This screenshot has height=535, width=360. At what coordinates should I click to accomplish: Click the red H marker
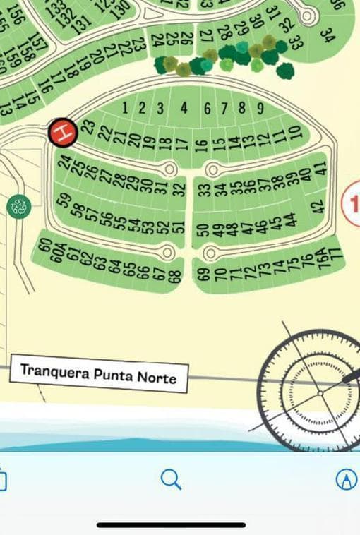tap(63, 132)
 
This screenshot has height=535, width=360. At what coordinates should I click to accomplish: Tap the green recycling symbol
tap(19, 206)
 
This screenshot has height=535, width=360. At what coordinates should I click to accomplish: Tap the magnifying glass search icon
tap(171, 479)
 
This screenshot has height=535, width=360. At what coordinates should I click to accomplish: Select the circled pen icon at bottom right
tap(346, 479)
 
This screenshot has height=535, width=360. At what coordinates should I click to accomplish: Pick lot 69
tap(204, 274)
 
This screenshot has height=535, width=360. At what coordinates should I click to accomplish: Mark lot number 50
tap(204, 230)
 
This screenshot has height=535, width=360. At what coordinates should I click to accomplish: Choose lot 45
tap(276, 223)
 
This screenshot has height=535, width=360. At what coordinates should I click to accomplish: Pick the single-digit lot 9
tap(260, 109)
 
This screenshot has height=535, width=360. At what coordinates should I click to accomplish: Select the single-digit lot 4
tap(184, 108)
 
